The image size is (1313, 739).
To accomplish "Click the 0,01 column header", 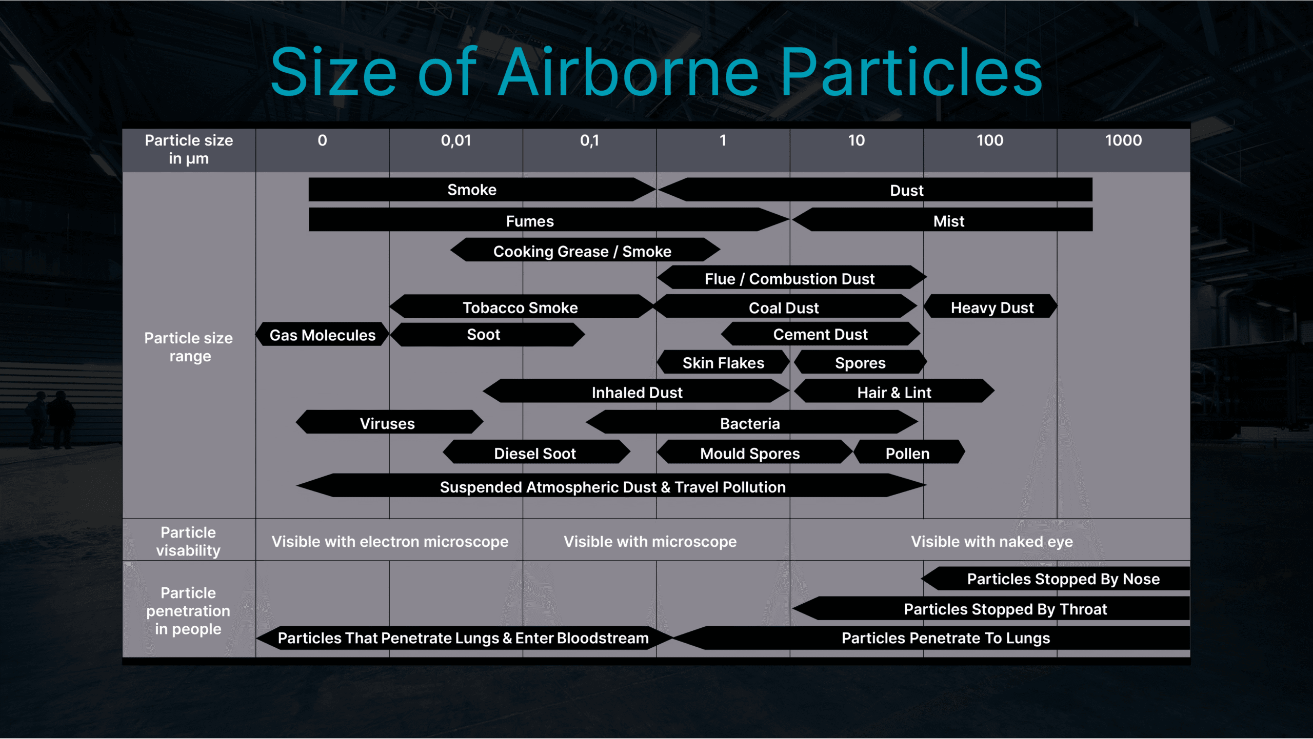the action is tap(456, 140).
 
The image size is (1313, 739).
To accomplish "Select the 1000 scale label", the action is tap(1123, 140).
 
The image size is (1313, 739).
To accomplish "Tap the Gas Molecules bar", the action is tap(323, 335).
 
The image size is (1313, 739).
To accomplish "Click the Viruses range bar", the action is tap(389, 423).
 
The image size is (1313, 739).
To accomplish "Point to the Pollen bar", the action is tap(909, 453).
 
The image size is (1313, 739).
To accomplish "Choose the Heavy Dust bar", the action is tap(991, 307).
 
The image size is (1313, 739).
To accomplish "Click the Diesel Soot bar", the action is tap(536, 453).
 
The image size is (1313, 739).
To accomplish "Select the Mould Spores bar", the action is tap(754, 453).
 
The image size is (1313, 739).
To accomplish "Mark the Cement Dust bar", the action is tap(821, 334).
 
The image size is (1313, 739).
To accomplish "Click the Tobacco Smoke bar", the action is tap(522, 307).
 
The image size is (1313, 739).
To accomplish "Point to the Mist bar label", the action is tap(949, 221).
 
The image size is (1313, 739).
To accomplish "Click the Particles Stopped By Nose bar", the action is tap(1056, 579).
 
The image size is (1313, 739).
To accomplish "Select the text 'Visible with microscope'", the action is tap(650, 542).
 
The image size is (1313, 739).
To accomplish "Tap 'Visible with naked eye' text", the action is tap(992, 542).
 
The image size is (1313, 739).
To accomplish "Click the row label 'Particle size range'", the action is tap(189, 347).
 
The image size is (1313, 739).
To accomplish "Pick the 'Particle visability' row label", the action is tap(188, 541).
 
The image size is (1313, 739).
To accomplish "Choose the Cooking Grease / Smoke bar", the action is tap(585, 251).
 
